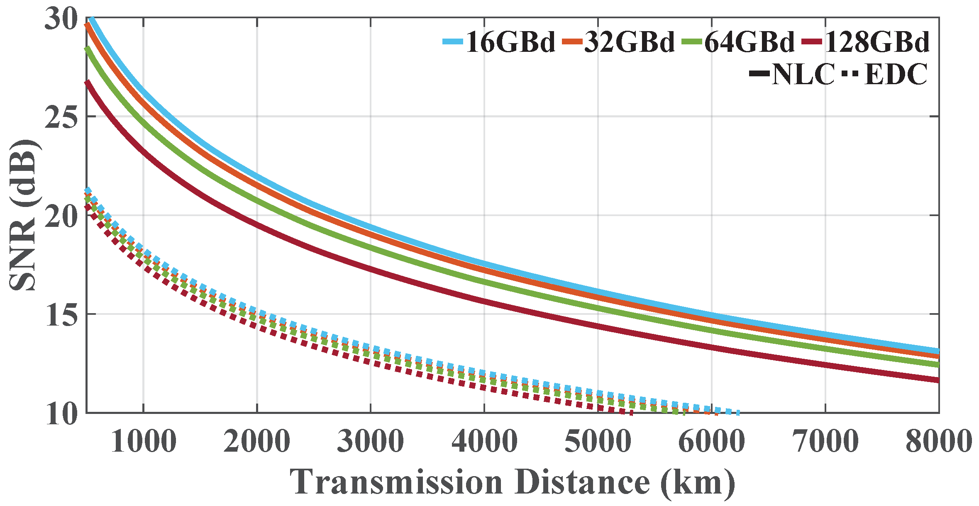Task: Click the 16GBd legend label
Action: [510, 42]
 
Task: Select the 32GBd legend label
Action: [630, 42]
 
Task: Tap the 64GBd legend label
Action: [749, 42]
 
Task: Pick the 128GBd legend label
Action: [876, 42]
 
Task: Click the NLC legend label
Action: [803, 75]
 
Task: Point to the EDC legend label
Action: [896, 75]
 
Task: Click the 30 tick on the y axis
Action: [61, 19]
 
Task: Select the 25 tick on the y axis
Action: [61, 117]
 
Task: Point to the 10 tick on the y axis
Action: [61, 414]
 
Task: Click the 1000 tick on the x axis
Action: [143, 441]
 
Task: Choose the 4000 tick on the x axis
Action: [484, 441]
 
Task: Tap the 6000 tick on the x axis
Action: [711, 441]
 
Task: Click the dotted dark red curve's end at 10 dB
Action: [631, 412]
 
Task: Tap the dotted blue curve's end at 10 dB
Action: [737, 413]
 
